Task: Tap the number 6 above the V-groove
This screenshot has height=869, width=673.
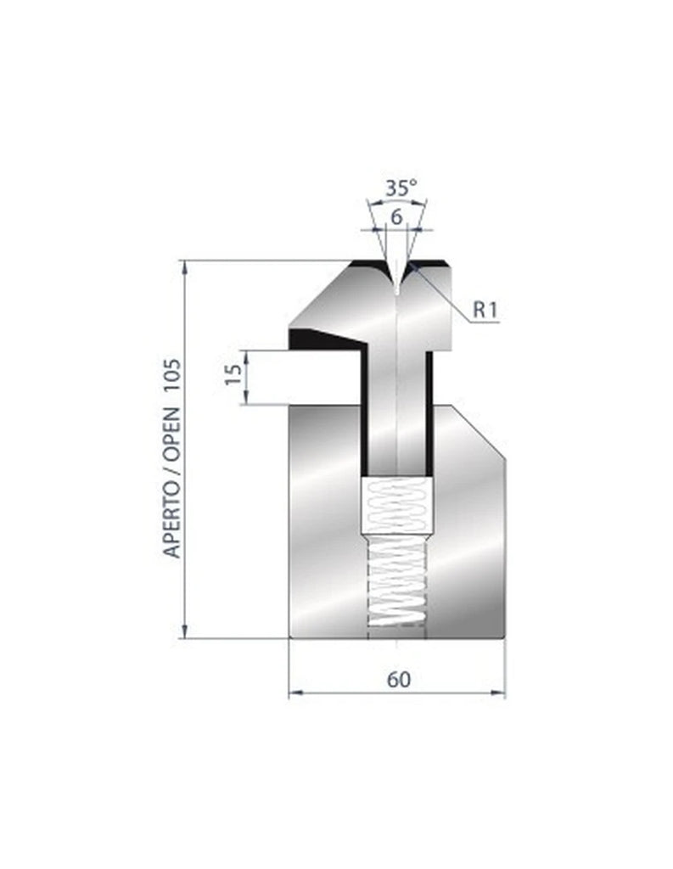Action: coord(395,216)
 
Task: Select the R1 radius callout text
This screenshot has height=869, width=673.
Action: coord(485,311)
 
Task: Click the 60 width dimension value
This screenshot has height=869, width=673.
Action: coord(397,679)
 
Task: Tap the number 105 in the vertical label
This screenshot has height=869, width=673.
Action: coord(172,395)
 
